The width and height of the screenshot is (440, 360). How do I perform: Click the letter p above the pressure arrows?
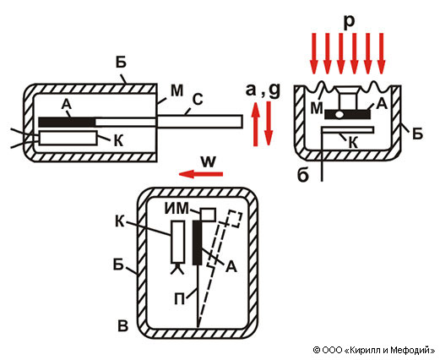click(349, 22)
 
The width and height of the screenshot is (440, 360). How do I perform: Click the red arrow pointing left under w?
click(201, 174)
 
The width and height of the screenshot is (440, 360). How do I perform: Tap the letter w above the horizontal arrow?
click(209, 161)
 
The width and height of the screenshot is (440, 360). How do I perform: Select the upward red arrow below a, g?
click(256, 124)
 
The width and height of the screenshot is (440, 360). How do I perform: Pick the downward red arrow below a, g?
click(269, 123)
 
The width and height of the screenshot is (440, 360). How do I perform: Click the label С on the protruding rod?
click(198, 100)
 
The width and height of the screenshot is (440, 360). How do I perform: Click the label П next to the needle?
click(179, 299)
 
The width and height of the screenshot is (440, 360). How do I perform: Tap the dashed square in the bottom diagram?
click(235, 218)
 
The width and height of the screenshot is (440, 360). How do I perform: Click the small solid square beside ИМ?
click(208, 215)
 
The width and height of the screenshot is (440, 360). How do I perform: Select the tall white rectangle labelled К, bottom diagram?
click(178, 242)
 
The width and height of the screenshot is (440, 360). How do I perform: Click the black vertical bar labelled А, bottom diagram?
click(197, 243)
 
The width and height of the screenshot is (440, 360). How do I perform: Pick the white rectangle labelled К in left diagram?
click(68, 138)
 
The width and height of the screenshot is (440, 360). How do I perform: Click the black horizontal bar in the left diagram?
click(67, 122)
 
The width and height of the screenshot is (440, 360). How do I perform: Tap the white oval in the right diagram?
click(339, 115)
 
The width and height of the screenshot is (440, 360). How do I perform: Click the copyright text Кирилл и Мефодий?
click(389, 350)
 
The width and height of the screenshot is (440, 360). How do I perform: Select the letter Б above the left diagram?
click(121, 63)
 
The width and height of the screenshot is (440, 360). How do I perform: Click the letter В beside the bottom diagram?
click(123, 325)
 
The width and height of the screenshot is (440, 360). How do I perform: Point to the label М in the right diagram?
click(317, 108)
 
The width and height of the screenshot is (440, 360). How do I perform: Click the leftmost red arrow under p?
click(313, 53)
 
